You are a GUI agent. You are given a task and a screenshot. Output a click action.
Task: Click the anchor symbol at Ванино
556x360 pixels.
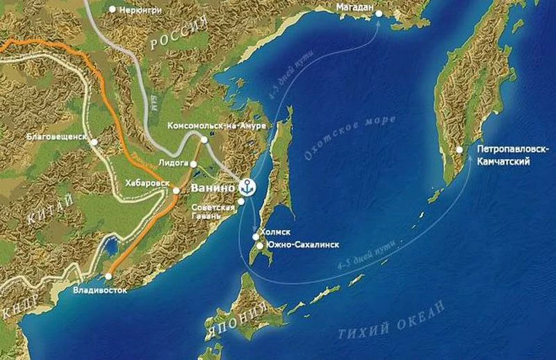pos(246,186)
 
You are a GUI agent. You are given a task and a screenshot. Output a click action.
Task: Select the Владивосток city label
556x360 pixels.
pos(100,290)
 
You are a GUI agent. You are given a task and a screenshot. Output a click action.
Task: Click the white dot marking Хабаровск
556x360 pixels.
pos(177,190)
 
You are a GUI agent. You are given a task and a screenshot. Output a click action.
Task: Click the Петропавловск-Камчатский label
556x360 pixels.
pos(513,156)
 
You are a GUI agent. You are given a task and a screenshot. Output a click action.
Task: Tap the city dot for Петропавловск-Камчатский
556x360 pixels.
pos(459,149)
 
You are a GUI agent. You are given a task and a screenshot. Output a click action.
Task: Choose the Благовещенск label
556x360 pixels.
pos(56,138)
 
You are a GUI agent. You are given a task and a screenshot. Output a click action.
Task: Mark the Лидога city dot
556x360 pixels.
pos(194,165)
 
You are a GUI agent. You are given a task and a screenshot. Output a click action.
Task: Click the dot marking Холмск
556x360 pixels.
pos(256,237)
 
